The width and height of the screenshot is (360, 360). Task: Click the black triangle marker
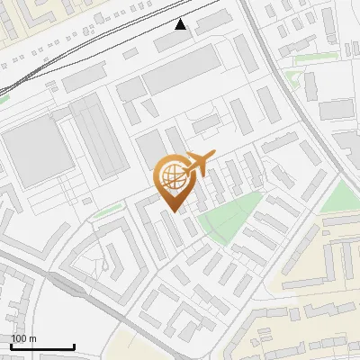coord(181,24)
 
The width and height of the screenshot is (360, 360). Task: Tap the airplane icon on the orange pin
coord(198,164)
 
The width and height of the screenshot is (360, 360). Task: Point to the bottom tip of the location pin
coord(173,211)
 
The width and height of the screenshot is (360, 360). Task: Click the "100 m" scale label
coord(23,338)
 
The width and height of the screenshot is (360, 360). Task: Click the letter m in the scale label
coord(32,338)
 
